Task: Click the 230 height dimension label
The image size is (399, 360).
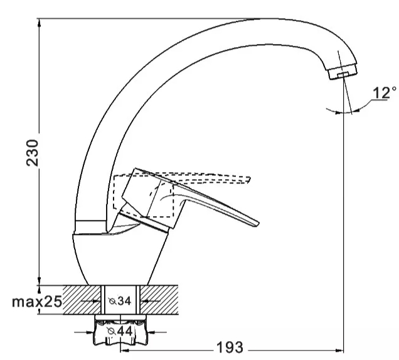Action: click(33, 153)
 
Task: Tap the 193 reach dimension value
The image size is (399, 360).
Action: click(230, 347)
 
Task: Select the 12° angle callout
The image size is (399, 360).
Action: click(384, 93)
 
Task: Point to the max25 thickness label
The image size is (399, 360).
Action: click(37, 302)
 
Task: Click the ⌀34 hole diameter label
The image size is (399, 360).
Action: click(120, 301)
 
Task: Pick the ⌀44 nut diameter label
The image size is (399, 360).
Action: click(120, 331)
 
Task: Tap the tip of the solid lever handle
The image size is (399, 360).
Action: click(258, 224)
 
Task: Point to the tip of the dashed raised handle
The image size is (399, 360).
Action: click(250, 179)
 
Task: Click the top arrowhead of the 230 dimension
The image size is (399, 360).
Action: click(39, 23)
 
